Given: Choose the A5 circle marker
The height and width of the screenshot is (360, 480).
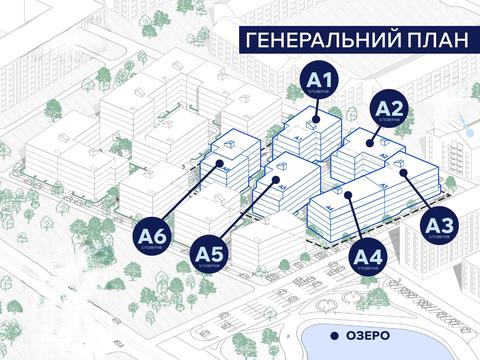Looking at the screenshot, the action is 208,254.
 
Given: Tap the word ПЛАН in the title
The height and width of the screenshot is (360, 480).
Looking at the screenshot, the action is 427,41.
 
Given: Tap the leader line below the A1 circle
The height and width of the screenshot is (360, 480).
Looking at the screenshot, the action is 319,108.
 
